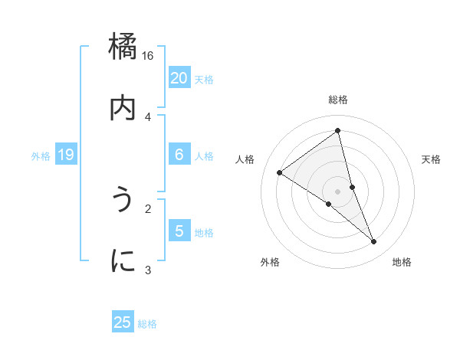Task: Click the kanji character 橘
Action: (x=123, y=47)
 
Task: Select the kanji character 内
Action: (x=123, y=108)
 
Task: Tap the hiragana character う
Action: (x=123, y=200)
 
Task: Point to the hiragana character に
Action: (x=123, y=261)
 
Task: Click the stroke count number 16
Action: (x=148, y=56)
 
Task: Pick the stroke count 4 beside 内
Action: (x=148, y=116)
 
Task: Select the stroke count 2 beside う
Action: (x=148, y=208)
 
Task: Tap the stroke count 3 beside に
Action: (x=148, y=270)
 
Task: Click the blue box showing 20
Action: (x=179, y=77)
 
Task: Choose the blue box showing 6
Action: (x=179, y=155)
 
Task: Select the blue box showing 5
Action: (x=179, y=231)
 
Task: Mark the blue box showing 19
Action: (x=65, y=155)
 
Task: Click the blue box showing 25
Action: (x=123, y=322)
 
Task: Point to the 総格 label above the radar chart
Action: (x=338, y=100)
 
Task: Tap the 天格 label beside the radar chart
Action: (x=431, y=159)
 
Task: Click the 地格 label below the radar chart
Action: (x=402, y=262)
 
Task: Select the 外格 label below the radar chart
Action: (x=270, y=262)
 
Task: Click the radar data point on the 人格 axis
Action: (x=280, y=172)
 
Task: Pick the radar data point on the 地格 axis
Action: (x=374, y=241)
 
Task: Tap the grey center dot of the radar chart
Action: (x=338, y=191)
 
